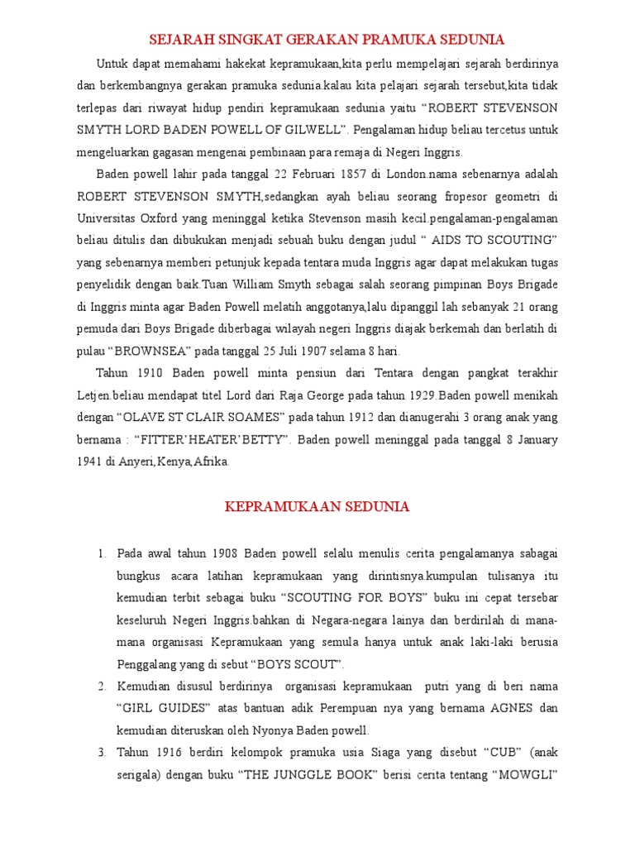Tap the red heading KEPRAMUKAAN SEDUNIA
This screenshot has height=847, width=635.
(x=317, y=507)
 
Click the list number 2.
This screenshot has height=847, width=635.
(x=102, y=687)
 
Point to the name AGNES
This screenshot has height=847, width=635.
(x=512, y=709)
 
